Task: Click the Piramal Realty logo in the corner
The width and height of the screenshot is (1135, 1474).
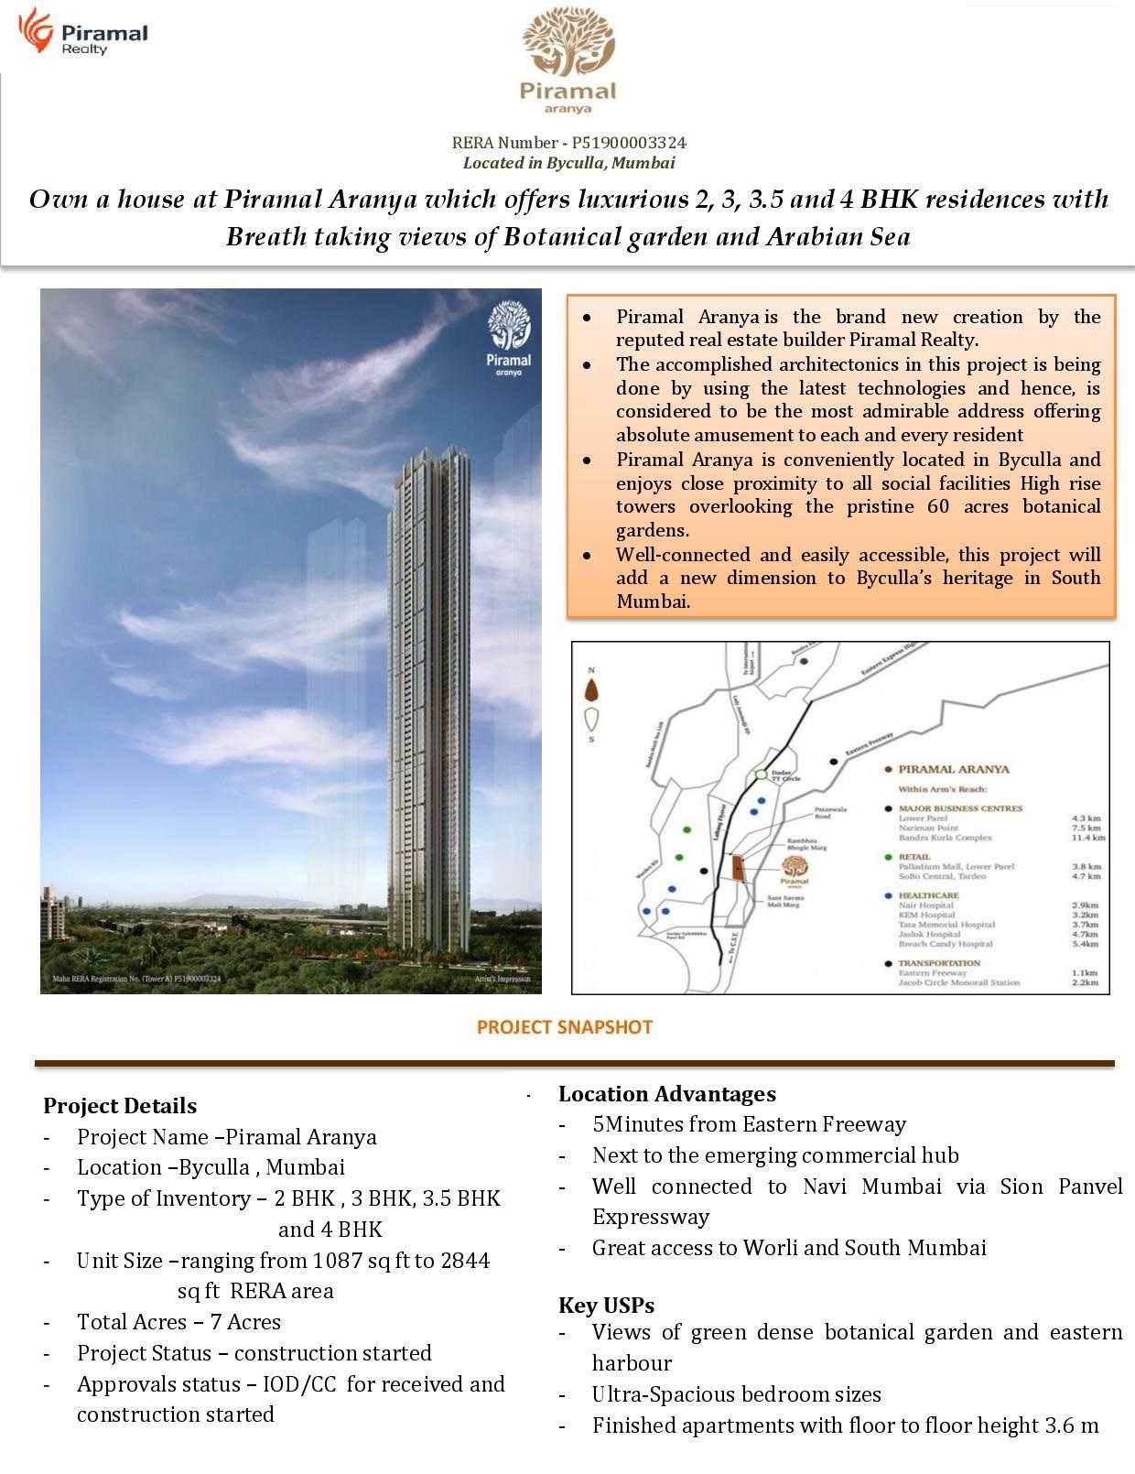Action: [x=82, y=33]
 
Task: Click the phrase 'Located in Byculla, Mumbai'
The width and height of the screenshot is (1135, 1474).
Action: [x=568, y=163]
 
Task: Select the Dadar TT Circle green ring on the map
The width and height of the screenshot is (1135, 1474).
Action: [x=762, y=775]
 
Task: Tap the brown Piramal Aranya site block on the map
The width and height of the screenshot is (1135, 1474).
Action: [x=737, y=869]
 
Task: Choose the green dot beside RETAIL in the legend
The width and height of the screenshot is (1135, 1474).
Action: [x=888, y=857]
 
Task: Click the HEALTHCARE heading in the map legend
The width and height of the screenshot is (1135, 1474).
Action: [x=928, y=895]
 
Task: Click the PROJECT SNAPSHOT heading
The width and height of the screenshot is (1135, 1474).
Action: [x=565, y=1027]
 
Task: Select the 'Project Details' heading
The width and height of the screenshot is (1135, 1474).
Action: [x=120, y=1106]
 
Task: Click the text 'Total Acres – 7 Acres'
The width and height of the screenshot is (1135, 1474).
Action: [x=178, y=1322]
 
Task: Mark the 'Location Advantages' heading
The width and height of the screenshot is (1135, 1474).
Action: [x=667, y=1094]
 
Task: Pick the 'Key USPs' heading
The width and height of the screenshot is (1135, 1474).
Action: [x=606, y=1305]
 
